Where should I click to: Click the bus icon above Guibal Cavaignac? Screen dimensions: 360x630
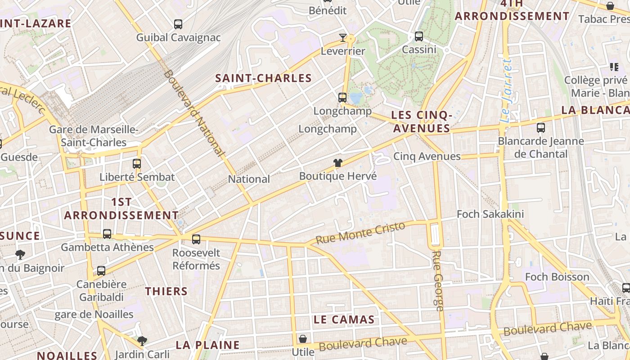coord(178,24)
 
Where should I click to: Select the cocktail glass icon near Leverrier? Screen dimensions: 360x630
coord(343,37)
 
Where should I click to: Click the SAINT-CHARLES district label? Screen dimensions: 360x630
coord(263,78)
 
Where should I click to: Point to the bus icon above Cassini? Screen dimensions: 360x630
coord(419,36)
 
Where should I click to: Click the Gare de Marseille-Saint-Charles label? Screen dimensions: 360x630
coord(94,136)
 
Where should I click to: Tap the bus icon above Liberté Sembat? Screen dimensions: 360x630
coord(137,164)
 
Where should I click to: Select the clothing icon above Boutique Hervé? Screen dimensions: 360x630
coord(338,163)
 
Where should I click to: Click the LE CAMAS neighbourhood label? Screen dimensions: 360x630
coord(344,320)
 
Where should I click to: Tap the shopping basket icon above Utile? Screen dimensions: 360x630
coord(303,338)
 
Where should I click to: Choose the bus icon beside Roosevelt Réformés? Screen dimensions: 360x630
coord(196,239)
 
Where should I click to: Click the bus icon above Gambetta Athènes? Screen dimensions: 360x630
coord(107,234)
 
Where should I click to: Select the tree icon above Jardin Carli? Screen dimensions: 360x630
coord(142,341)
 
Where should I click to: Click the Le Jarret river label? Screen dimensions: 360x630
coord(507,90)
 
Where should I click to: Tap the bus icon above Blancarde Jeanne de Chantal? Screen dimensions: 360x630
coord(541,128)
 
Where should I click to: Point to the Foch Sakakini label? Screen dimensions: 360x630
coord(490,214)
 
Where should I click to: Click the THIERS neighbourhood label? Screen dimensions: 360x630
coord(166,292)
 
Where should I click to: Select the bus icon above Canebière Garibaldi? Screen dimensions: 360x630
coord(101,271)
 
